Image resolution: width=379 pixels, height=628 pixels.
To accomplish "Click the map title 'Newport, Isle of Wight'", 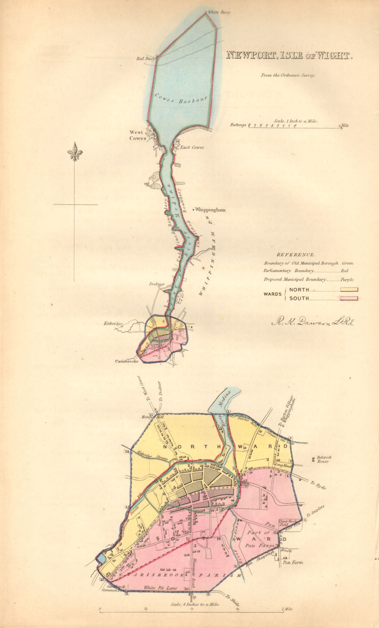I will pyautogui.click(x=289, y=55).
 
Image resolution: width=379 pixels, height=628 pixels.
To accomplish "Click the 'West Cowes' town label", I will pyautogui.click(x=138, y=135).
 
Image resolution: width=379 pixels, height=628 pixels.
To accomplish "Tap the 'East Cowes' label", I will pyautogui.click(x=192, y=148).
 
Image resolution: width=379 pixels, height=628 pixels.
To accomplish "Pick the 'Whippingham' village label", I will pyautogui.click(x=210, y=210).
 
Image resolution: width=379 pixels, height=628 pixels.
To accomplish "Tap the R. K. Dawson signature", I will pyautogui.click(x=313, y=322).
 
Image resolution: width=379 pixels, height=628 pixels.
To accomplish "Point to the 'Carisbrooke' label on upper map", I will pyautogui.click(x=127, y=361).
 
